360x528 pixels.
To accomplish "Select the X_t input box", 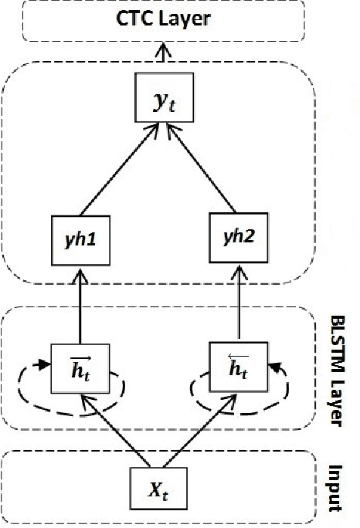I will pyautogui.click(x=160, y=489).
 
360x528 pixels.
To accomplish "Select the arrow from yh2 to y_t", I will pyautogui.click(x=202, y=170).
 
